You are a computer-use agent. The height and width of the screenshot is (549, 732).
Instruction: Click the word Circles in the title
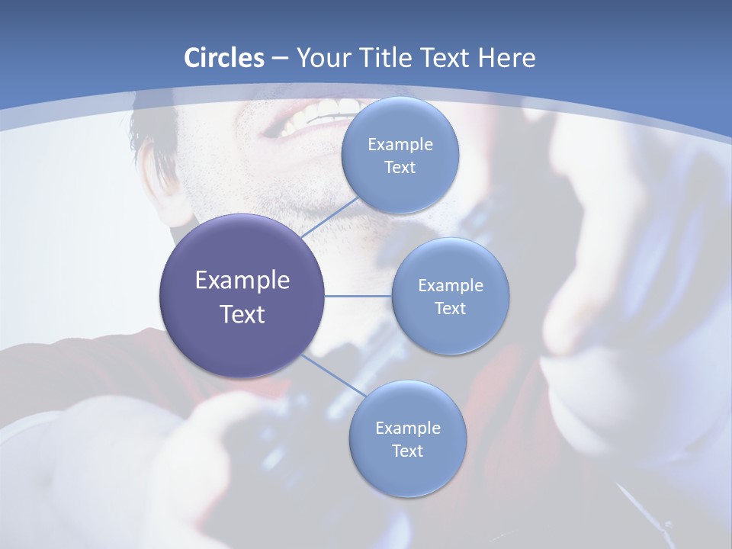tap(224, 58)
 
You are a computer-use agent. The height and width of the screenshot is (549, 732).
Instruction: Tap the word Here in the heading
tap(506, 58)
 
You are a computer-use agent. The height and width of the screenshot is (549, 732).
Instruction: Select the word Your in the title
tap(320, 58)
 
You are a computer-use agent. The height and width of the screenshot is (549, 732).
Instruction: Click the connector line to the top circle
tap(329, 221)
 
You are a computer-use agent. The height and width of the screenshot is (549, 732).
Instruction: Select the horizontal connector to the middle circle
tap(358, 296)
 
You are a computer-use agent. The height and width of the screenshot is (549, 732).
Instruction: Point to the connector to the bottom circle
tap(333, 376)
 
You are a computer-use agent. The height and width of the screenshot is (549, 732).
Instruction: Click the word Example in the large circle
tap(242, 281)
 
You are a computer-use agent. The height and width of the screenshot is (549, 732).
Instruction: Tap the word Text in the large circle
tap(242, 314)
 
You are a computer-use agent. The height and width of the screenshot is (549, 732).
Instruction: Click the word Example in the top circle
tap(400, 145)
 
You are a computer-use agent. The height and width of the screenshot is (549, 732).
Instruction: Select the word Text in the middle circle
tap(450, 309)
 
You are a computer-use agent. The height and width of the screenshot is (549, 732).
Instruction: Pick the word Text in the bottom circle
tap(407, 451)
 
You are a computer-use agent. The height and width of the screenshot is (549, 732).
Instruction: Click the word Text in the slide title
tap(445, 58)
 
